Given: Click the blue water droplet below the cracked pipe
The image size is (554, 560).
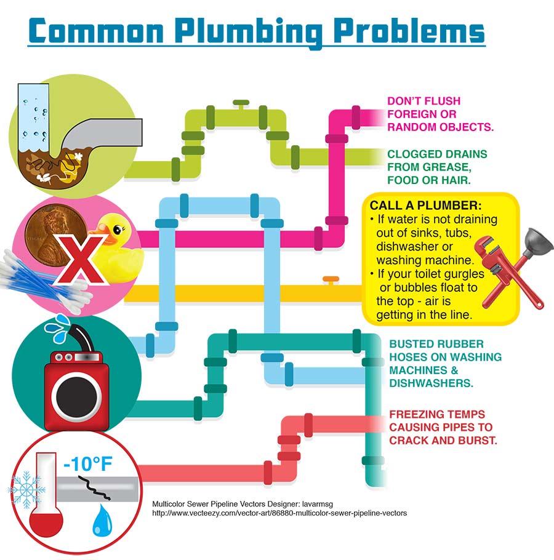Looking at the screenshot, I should tap(100, 521).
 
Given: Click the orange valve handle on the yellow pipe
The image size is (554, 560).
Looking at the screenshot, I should tap(331, 279).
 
